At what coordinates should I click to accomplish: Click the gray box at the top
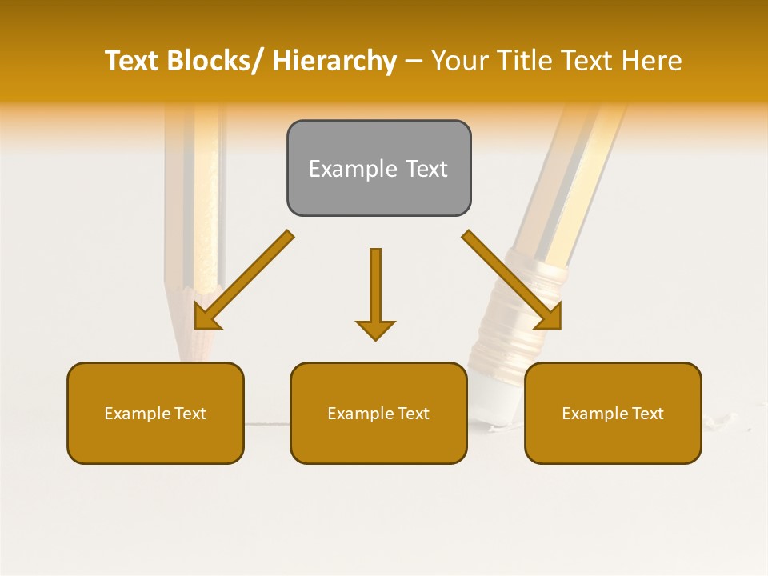pos(378,168)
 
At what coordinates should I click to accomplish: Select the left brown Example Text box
pos(155,413)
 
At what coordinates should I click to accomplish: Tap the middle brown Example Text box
pos(378,413)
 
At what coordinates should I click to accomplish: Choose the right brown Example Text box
pos(613,413)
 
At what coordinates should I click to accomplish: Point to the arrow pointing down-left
pos(244,280)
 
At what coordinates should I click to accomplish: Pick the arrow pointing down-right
pos(512,280)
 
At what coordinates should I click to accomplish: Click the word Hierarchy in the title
pos(334,61)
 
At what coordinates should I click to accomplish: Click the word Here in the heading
pos(651,61)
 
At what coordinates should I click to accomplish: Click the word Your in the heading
pos(461,61)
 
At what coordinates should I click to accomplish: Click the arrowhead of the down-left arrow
pos(206,317)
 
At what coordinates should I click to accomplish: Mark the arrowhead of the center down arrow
pos(375,329)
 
